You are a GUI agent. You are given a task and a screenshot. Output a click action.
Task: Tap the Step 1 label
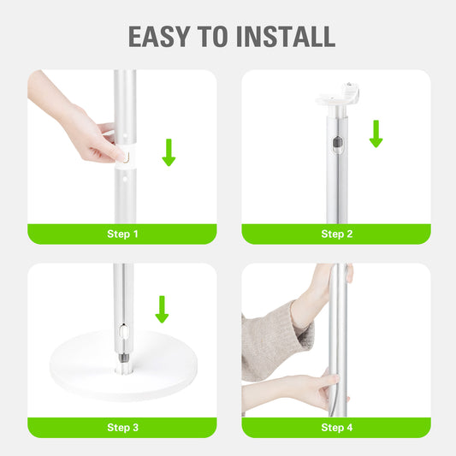(x=121, y=234)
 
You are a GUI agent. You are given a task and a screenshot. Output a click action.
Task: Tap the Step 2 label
(x=336, y=234)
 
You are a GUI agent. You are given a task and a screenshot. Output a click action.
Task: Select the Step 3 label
(x=121, y=427)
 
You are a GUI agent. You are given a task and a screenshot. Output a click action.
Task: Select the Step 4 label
(x=336, y=427)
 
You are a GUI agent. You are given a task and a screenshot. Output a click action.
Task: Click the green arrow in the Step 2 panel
(x=376, y=133)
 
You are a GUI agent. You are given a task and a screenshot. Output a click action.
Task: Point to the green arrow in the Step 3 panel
(x=161, y=309)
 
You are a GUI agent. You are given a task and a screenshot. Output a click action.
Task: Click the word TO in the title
(x=219, y=36)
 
